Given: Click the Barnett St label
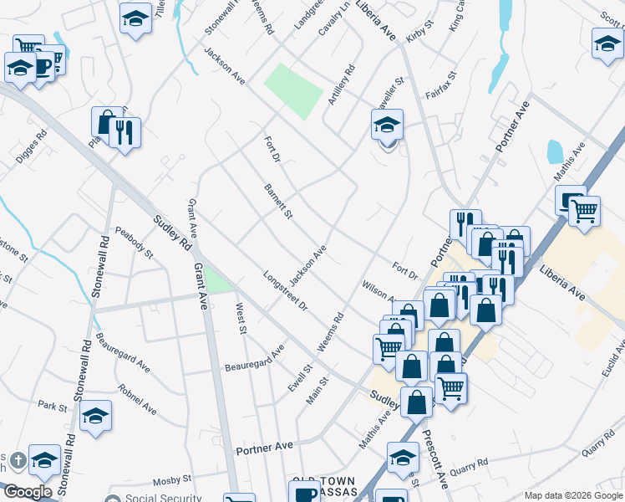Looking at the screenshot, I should [x=278, y=202].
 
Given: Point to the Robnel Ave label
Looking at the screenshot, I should [x=137, y=400].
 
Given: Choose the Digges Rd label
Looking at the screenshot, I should [x=31, y=147].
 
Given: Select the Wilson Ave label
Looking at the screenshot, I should [x=379, y=291].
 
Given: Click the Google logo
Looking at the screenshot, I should [x=27, y=492].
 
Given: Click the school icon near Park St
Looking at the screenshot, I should [x=96, y=417].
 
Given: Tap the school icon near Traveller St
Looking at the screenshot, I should [x=387, y=125].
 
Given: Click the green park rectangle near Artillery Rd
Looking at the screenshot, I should [x=293, y=90].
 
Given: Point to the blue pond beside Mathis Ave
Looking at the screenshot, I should [x=555, y=151].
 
